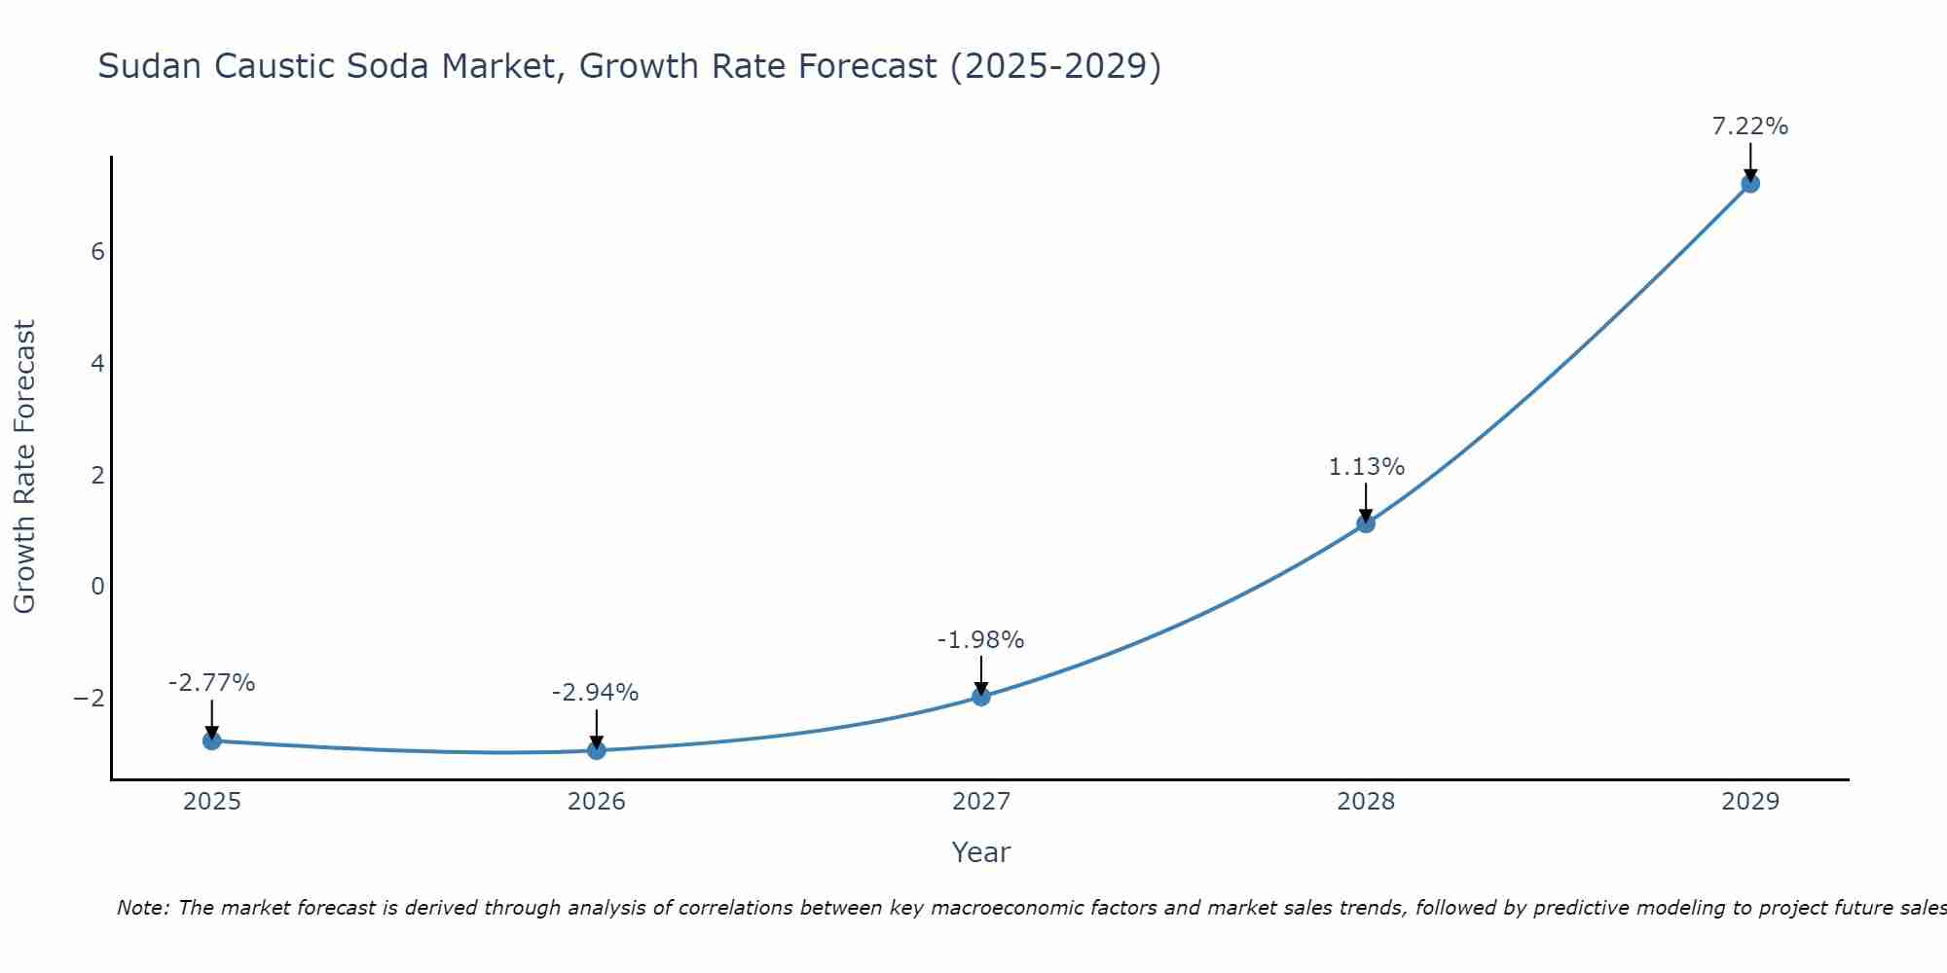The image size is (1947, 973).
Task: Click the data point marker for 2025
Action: coord(212,741)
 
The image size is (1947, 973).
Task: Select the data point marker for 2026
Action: coord(597,750)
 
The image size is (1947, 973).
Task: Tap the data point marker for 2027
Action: coord(981,697)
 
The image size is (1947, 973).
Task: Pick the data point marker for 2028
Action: coord(1366,523)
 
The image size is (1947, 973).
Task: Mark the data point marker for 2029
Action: coord(1750,183)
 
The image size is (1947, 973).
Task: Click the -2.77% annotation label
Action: coord(211,683)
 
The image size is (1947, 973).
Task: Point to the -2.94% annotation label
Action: coord(595,693)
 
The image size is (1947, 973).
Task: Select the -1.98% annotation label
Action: coord(980,640)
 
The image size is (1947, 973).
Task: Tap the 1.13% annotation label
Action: coord(1366,467)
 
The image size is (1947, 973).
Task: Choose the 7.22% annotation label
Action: coord(1750,126)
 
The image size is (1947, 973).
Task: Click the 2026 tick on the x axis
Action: coord(597,802)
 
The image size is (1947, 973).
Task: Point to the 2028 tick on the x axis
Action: coord(1366,802)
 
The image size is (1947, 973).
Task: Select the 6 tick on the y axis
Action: coord(97,252)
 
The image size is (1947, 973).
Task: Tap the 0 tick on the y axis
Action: coord(97,587)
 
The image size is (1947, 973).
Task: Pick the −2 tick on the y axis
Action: coord(90,699)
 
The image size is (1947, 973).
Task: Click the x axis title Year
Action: coord(980,852)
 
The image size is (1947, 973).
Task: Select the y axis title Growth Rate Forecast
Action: coord(24,467)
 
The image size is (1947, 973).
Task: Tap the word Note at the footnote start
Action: coord(142,908)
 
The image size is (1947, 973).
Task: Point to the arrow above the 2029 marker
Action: coord(1750,162)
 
